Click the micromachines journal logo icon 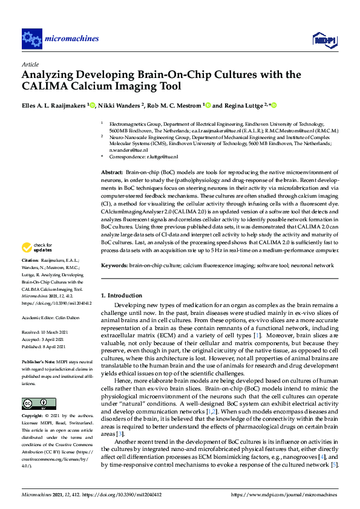coord(31,39)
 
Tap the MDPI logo coord(324,40)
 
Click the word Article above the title coord(30,63)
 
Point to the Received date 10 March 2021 coord(59,332)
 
